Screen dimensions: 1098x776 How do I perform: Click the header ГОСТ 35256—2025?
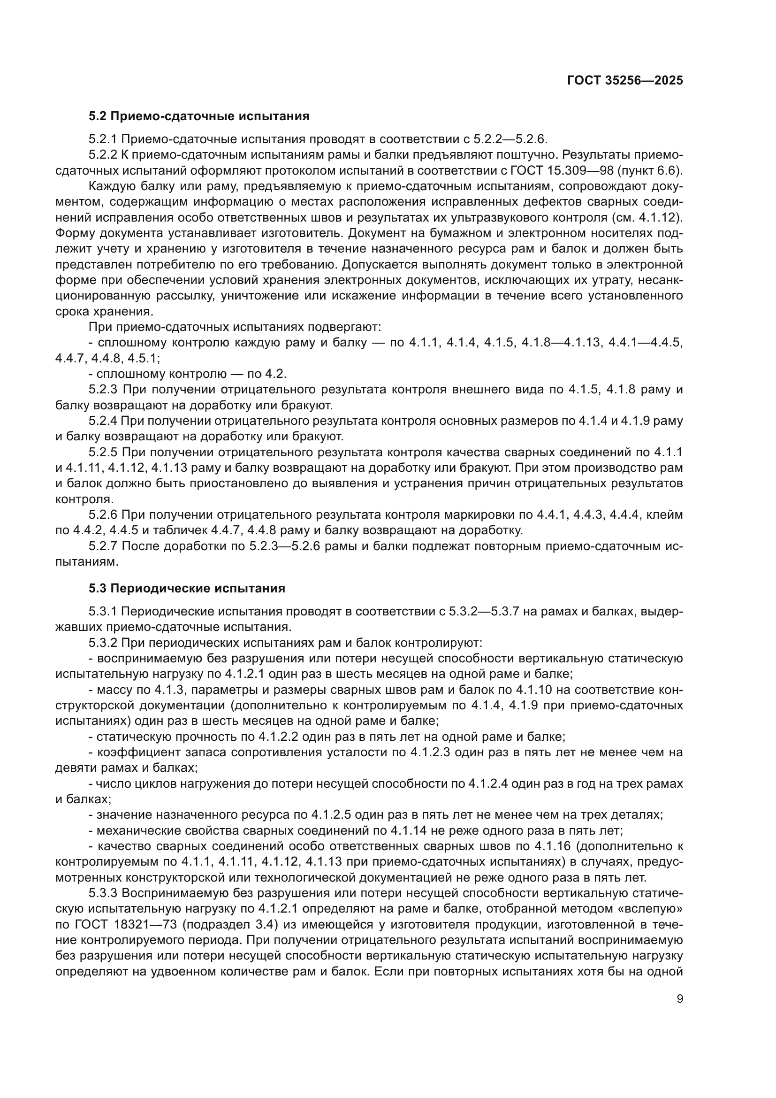[624, 80]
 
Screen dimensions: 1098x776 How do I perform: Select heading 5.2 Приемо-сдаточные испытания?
[199, 116]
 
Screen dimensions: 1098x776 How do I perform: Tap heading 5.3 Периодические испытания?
[187, 588]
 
